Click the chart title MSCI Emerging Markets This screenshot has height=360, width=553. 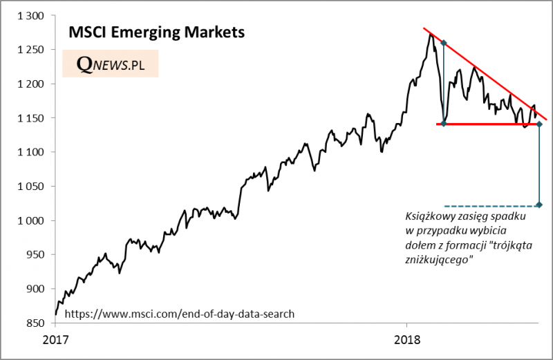(x=156, y=32)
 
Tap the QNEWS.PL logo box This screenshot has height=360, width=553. (x=111, y=64)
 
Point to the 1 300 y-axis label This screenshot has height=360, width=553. (x=28, y=16)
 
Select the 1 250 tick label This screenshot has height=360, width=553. (x=28, y=50)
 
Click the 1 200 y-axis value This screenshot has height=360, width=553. (x=28, y=84)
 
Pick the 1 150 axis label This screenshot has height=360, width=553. (x=28, y=118)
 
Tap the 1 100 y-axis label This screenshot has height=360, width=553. (x=28, y=152)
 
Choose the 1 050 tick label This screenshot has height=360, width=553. (x=28, y=187)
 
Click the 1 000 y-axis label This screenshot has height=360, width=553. (x=28, y=220)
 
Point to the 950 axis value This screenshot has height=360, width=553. (x=32, y=254)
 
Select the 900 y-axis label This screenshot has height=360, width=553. (x=32, y=289)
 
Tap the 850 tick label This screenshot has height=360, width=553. (x=32, y=323)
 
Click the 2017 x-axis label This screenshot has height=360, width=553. (x=55, y=340)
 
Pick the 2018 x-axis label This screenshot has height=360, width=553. (x=406, y=340)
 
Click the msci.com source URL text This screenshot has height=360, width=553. (x=180, y=314)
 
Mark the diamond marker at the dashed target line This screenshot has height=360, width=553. (x=539, y=205)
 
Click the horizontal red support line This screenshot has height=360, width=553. (x=484, y=124)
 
